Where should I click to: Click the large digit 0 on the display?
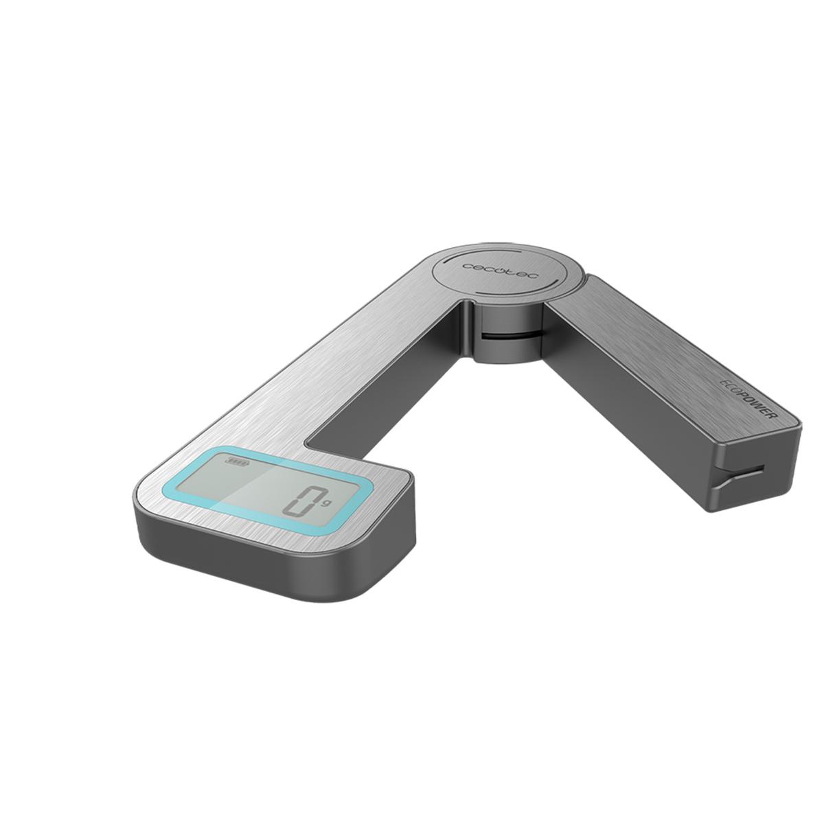(x=300, y=500)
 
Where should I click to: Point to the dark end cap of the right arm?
(x=755, y=474)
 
